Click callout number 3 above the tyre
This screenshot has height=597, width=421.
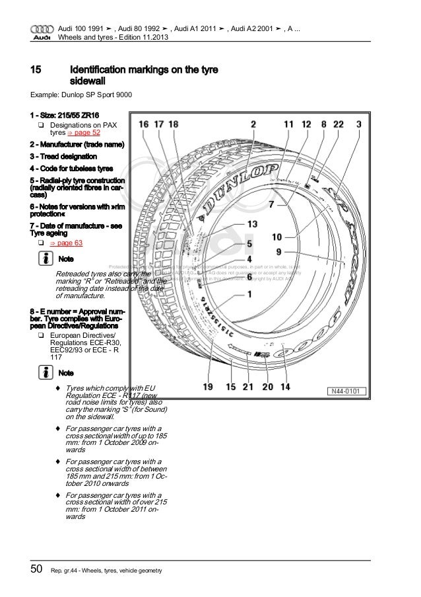[x=358, y=123]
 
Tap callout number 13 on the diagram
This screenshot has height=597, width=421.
[x=253, y=224]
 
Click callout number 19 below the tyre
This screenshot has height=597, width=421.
[x=208, y=388]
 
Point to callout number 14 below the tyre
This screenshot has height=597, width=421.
[x=286, y=388]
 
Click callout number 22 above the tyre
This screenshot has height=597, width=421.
[x=339, y=123]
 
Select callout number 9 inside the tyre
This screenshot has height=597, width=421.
[x=279, y=251]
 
